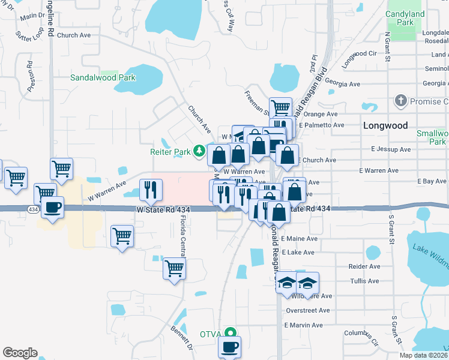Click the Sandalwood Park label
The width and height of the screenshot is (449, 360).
(103, 77)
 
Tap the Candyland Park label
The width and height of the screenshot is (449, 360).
(405, 18)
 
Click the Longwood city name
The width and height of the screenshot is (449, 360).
(385, 126)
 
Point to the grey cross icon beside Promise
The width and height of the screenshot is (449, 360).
(401, 101)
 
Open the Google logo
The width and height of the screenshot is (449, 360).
(20, 353)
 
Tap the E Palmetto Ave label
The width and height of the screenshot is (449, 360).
(324, 125)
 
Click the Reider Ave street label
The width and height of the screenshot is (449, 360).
(364, 266)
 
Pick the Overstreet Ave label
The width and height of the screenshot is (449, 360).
(308, 310)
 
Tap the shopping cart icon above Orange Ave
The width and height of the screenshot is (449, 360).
(280, 107)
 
